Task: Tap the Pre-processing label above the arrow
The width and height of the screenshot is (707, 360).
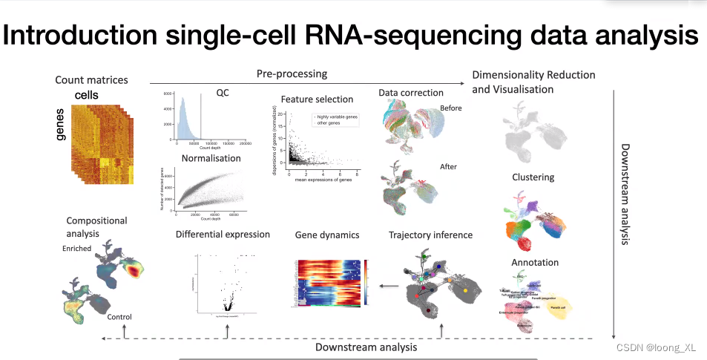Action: tap(292, 73)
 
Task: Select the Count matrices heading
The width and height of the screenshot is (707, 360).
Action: tap(91, 80)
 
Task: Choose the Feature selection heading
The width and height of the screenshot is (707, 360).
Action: tap(317, 99)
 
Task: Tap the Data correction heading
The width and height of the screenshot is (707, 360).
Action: tap(411, 93)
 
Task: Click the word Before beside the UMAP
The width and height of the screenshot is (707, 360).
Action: tap(451, 108)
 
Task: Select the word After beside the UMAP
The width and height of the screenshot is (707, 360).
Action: tap(449, 167)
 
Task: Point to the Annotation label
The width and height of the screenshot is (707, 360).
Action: tap(535, 262)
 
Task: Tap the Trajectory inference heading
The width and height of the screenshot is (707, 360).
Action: tap(430, 235)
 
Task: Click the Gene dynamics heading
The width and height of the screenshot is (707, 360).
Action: tap(327, 235)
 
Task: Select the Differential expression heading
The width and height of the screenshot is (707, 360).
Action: tap(223, 235)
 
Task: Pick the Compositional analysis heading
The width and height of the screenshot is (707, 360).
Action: tap(97, 226)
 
